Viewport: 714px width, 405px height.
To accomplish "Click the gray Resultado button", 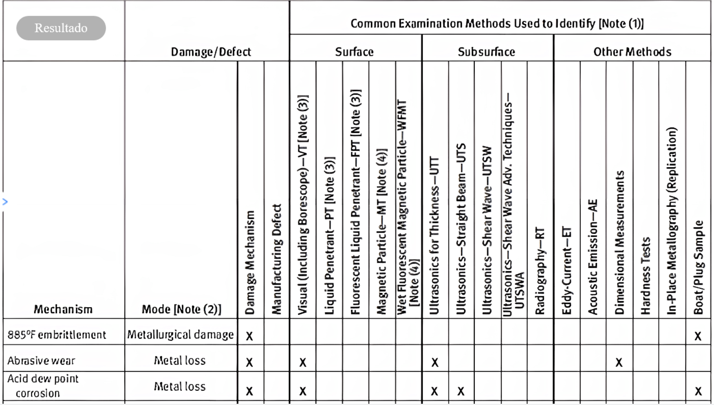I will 61,28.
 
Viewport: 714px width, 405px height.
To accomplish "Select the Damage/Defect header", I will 211,52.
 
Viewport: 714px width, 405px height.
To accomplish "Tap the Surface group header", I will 354,52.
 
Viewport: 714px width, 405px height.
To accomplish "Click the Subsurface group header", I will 486,52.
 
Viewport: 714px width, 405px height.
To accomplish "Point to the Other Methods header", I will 632,52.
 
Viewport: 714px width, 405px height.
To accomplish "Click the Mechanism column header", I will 63,309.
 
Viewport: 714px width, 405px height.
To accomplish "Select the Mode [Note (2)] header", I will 181,309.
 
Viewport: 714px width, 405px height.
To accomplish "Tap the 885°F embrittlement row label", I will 57,335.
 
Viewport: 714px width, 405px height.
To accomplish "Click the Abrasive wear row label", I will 41,361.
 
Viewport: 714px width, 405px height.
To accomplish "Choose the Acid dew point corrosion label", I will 42,386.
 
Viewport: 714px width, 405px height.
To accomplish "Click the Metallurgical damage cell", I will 181,335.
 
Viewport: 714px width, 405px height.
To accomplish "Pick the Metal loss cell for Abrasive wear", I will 180,361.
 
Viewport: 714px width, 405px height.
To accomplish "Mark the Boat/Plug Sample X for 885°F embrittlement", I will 698,336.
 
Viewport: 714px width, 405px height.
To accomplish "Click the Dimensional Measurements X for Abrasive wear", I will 619,362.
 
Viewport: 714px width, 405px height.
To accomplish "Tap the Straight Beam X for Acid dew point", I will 461,391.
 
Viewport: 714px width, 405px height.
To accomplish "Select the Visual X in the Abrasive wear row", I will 302,362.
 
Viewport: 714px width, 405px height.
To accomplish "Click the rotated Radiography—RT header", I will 540,271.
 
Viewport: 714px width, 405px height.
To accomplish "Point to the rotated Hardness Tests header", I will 646,276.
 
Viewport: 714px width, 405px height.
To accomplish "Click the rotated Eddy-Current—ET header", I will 566,271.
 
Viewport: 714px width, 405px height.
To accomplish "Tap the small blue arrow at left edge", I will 5,201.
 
